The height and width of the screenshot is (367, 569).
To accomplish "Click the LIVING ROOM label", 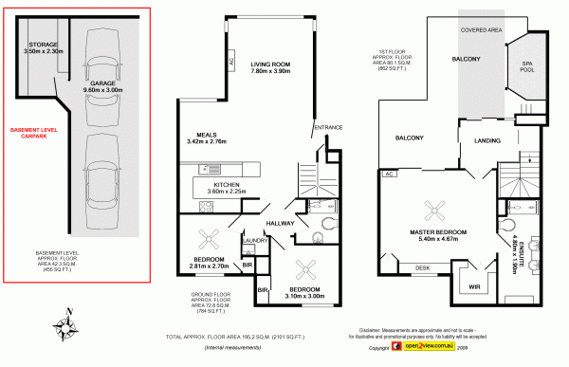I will click(269, 66).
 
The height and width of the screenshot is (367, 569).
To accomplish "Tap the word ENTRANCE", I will click(327, 128).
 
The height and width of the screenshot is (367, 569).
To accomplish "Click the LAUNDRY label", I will click(251, 241).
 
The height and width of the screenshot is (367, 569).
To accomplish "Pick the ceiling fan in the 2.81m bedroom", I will click(209, 238).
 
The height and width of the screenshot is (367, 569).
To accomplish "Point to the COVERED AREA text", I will click(481, 30).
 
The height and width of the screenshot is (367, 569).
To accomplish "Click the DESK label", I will click(421, 268).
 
